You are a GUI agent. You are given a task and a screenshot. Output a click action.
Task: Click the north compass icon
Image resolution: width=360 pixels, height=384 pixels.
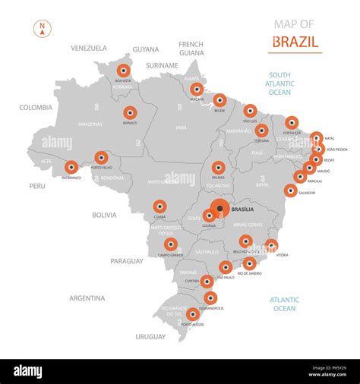tap(42, 30)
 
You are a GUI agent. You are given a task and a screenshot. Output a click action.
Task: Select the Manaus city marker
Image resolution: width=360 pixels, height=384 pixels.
tap(130, 112)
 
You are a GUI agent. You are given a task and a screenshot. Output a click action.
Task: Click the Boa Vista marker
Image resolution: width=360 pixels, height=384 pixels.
tap(123, 71)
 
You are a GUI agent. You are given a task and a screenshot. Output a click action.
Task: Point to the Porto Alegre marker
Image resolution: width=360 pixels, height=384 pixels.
tap(193, 314)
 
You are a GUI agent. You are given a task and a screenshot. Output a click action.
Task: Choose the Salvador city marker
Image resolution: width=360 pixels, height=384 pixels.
tap(290, 190)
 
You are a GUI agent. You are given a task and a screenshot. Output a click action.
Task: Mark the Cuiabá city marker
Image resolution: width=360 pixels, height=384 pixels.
tap(159, 206)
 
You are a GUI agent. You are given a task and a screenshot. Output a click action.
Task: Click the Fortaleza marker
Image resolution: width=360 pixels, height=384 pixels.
tap(292, 122)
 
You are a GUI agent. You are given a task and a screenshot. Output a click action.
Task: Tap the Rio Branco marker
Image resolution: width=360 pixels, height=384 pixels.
tap(71, 167)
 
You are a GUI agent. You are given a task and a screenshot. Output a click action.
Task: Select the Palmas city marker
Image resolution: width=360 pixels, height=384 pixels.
tap(219, 167)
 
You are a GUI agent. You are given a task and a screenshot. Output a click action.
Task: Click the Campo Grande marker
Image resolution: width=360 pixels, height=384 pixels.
tap(171, 244)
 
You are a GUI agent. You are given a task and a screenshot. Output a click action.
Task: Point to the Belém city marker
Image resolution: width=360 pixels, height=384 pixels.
tap(219, 99)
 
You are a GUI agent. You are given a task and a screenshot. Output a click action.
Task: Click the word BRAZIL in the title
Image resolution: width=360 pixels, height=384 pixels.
tap(295, 42)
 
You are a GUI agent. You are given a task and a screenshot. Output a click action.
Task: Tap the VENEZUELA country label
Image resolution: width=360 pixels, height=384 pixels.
tap(89, 48)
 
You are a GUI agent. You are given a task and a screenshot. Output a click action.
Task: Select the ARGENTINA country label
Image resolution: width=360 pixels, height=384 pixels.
tap(87, 298)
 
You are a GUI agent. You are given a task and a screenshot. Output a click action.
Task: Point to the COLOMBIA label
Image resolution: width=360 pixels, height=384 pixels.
tap(36, 108)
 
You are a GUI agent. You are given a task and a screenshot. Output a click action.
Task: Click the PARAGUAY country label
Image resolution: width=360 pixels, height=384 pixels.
tap(126, 260)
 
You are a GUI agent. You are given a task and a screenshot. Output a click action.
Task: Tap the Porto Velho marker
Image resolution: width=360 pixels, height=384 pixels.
tap(101, 157)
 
